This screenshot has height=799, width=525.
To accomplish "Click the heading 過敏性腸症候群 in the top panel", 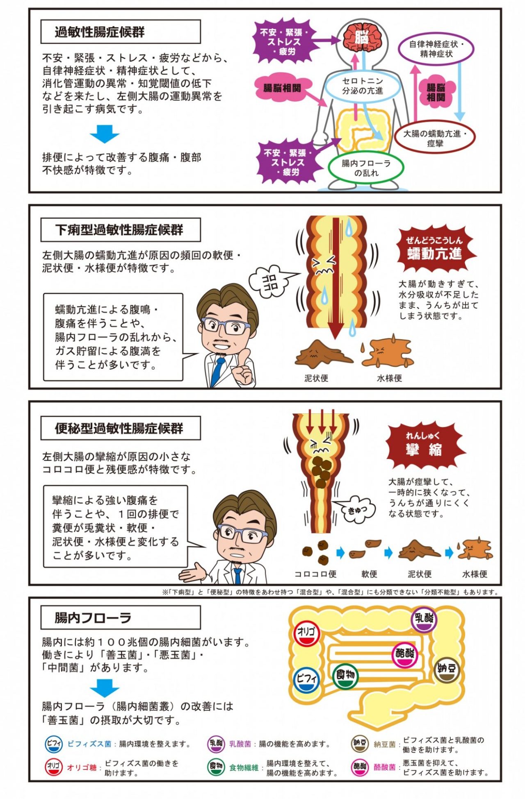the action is [x=100, y=32].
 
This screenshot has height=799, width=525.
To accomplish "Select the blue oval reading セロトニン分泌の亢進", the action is [x=363, y=86].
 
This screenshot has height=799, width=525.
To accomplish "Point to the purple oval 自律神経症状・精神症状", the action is [x=436, y=49].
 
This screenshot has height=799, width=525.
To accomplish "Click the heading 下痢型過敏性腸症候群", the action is [x=119, y=230].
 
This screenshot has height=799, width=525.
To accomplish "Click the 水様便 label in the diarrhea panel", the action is [x=389, y=378].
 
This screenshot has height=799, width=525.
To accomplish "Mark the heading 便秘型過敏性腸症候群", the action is [x=119, y=429].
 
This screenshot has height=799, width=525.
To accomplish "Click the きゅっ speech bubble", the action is [x=356, y=509].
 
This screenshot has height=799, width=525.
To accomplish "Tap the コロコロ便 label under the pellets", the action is [x=315, y=574].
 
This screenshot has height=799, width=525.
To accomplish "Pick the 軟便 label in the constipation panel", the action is [x=369, y=574].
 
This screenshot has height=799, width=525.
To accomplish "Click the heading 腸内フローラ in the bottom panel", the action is [x=93, y=618].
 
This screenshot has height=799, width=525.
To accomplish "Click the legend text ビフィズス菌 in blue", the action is [x=89, y=744].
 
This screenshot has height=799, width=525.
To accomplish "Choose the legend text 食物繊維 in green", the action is [x=244, y=767].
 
